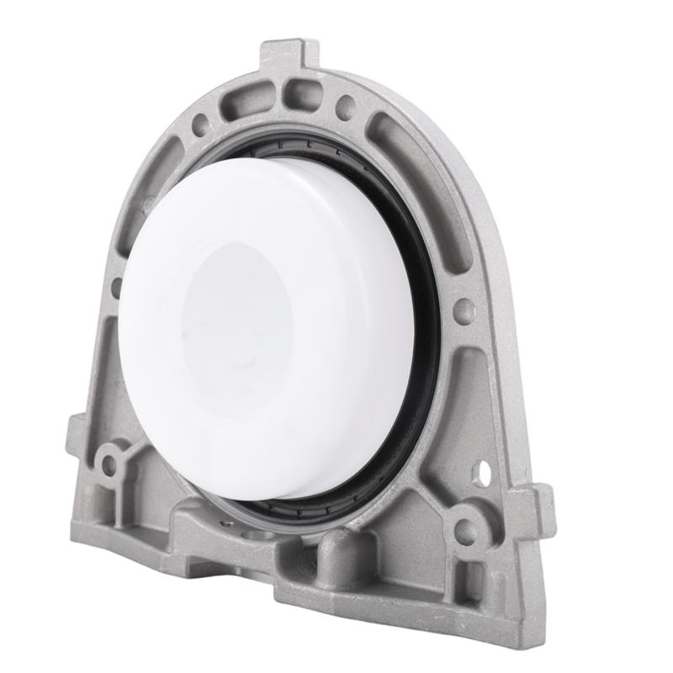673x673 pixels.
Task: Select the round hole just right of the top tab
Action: (345, 106)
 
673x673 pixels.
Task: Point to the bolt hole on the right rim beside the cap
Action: (464, 310)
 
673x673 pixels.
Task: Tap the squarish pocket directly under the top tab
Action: (299, 93)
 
